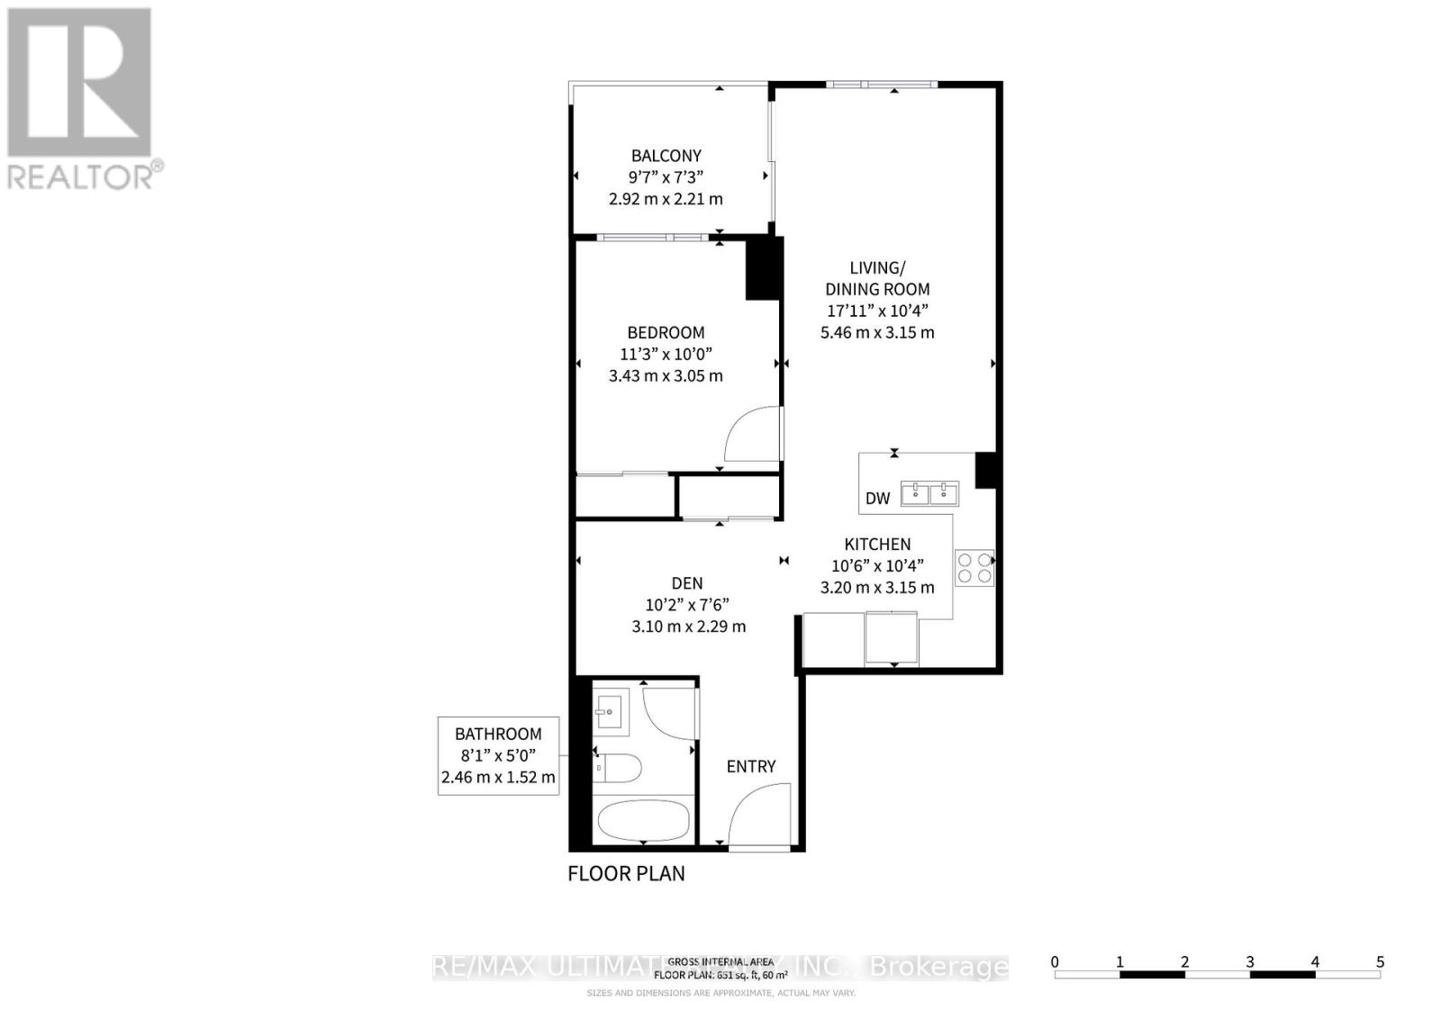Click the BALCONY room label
pyautogui.click(x=666, y=156)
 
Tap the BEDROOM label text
pyautogui.click(x=666, y=332)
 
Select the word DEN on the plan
pyautogui.click(x=687, y=583)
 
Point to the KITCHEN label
pyautogui.click(x=877, y=544)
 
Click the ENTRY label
pyautogui.click(x=751, y=766)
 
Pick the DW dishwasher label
pyautogui.click(x=877, y=498)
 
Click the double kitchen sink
pyautogui.click(x=930, y=493)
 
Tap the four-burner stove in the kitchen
pyautogui.click(x=974, y=567)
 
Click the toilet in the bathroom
pyautogui.click(x=620, y=768)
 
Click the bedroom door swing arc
pyautogui.click(x=753, y=435)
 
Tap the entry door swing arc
pyautogui.click(x=758, y=815)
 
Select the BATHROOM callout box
pyautogui.click(x=498, y=755)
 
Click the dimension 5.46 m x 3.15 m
pyautogui.click(x=876, y=332)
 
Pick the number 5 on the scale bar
pyautogui.click(x=1380, y=961)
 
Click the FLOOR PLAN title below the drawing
pyautogui.click(x=626, y=873)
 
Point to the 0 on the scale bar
pyautogui.click(x=1055, y=961)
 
